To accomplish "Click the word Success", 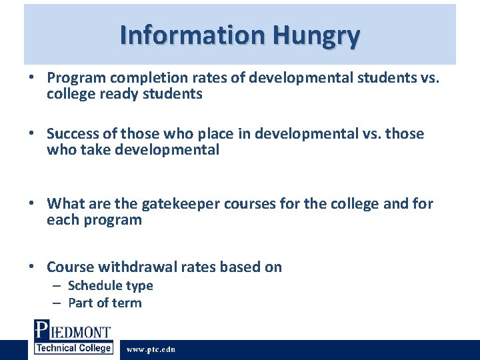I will [73, 134].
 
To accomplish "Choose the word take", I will [95, 150].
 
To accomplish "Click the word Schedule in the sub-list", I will [94, 285].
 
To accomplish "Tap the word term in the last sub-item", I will [127, 303].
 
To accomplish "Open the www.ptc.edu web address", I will [151, 349].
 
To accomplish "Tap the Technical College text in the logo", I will [73, 348].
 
